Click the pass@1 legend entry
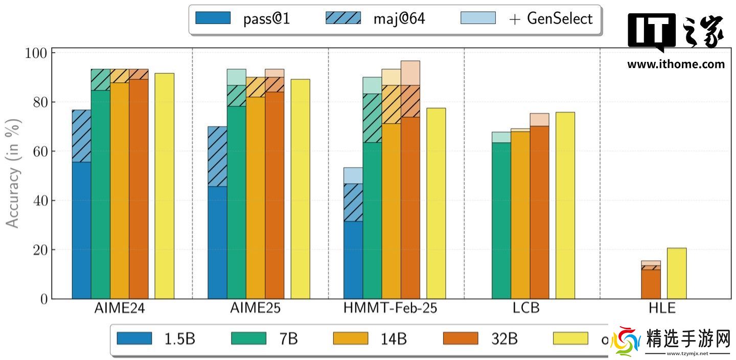[242, 19]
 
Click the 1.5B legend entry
[156, 339]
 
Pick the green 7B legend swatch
[249, 339]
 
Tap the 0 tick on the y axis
[43, 299]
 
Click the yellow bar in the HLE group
[677, 274]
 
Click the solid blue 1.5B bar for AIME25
[217, 242]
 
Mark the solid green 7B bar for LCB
[501, 220]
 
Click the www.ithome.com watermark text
[676, 64]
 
